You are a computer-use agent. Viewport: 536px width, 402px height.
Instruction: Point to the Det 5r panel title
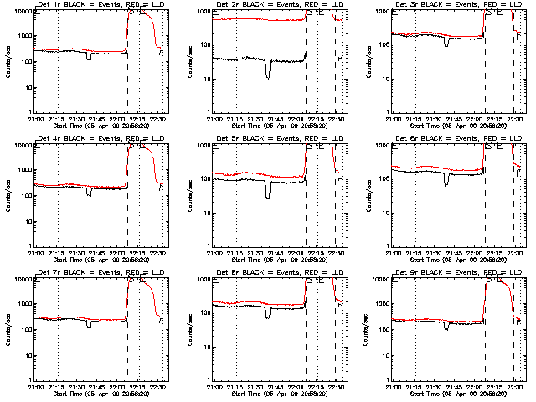(277, 139)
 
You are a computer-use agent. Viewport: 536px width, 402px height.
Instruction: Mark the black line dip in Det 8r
(268, 316)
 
